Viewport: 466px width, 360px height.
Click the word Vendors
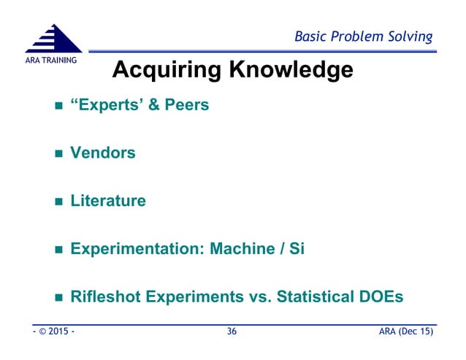coord(103,153)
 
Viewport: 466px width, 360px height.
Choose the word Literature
coord(108,200)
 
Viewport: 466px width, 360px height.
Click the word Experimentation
coord(135,248)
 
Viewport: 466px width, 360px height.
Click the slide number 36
coord(232,332)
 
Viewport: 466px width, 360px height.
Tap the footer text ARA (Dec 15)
coord(405,332)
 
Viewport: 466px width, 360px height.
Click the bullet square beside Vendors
coord(60,154)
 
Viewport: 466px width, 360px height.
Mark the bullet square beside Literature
coord(60,202)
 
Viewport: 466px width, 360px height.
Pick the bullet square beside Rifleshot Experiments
coord(60,298)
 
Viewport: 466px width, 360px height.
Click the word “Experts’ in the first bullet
coord(107,105)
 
